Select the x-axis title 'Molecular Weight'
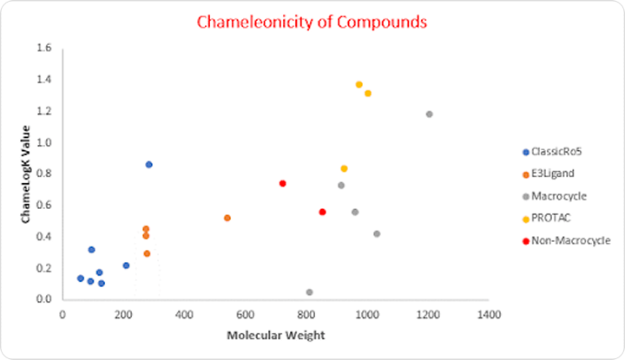pyautogui.click(x=275, y=335)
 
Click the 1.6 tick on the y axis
pyautogui.click(x=44, y=49)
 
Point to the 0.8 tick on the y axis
pyautogui.click(x=44, y=173)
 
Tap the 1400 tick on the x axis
pyautogui.click(x=489, y=313)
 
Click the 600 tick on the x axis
pyautogui.click(x=245, y=313)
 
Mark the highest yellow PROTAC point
pyautogui.click(x=359, y=84)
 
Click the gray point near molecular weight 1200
pyautogui.click(x=429, y=114)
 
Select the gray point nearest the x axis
pyautogui.click(x=309, y=292)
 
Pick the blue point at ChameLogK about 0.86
pyautogui.click(x=149, y=164)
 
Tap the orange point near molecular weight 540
pyautogui.click(x=227, y=218)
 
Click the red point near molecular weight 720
pyautogui.click(x=283, y=183)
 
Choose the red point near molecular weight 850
pyautogui.click(x=322, y=212)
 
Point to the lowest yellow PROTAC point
pyautogui.click(x=344, y=168)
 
